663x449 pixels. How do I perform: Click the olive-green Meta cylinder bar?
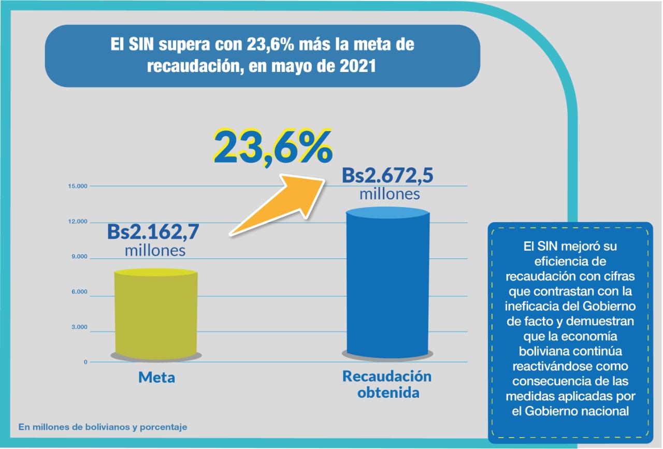pos(155,313)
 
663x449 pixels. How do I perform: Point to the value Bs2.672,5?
pos(387,176)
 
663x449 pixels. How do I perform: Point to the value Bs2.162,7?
pos(153,231)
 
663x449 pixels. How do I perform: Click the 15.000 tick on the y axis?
pos(78,186)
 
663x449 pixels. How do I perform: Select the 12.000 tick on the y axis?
pos(78,222)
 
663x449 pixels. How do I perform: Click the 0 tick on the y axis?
pos(85,362)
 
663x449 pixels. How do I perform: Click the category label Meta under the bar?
pos(156,378)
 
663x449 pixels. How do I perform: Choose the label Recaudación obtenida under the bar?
pos(387,384)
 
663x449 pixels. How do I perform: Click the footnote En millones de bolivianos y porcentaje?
pos(103,427)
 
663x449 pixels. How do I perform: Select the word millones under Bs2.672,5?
pos(389,194)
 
